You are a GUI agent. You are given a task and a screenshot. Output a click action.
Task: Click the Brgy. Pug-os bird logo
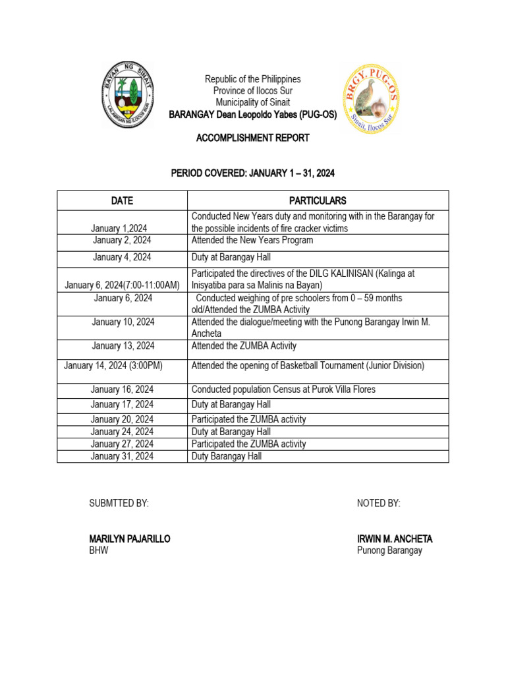370,99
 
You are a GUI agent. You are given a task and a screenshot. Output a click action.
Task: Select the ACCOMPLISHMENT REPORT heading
252,138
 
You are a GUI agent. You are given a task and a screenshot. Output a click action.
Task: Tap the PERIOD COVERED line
252,174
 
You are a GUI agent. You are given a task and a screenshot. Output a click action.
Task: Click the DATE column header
122,200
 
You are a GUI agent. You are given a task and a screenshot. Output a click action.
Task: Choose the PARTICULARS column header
318,200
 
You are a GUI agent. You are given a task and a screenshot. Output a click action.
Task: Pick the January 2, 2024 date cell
122,241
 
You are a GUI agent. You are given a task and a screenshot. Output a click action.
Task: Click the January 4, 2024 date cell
122,258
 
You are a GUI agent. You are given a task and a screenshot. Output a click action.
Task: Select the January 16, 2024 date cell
122,390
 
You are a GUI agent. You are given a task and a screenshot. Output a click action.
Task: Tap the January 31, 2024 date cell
122,456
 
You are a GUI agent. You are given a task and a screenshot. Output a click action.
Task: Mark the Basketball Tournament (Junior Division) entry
308,366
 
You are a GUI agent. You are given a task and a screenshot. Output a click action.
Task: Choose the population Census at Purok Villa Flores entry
283,390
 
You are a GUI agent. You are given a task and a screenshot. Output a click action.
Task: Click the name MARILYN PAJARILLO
130,539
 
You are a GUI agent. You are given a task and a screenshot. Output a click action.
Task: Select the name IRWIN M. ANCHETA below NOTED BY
395,539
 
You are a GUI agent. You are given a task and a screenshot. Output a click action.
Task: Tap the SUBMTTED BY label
119,504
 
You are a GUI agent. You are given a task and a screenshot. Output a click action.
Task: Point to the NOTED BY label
378,504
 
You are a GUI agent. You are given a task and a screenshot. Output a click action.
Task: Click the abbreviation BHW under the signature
99,551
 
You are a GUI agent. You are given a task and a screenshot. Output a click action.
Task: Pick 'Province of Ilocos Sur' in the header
252,91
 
